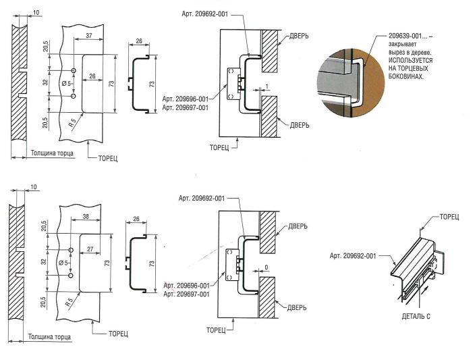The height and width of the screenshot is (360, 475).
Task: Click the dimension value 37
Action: (x=89, y=35)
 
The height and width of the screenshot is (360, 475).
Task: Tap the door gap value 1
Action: (x=267, y=86)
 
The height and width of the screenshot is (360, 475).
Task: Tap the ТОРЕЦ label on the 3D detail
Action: (x=449, y=216)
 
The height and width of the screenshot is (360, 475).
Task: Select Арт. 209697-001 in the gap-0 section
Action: (x=186, y=294)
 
